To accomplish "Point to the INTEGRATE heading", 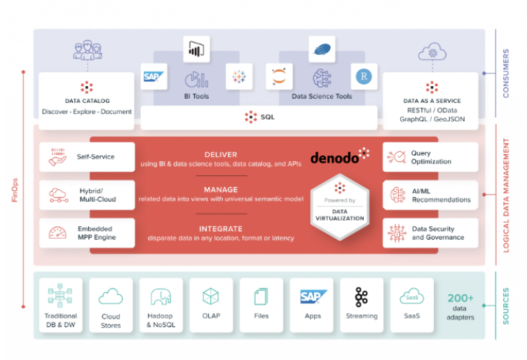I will (x=221, y=228).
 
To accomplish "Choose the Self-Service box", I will (x=87, y=157).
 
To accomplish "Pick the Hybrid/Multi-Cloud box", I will (x=87, y=195).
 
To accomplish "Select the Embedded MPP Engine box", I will (x=87, y=233).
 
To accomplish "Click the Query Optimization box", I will (x=430, y=157).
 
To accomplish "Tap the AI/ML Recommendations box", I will (x=430, y=195).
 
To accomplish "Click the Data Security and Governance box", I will (x=430, y=233).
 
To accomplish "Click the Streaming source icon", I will (x=361, y=297).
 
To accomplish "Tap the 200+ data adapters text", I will (x=460, y=306).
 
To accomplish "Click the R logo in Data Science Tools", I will (x=363, y=76).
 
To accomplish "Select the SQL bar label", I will (x=260, y=117).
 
